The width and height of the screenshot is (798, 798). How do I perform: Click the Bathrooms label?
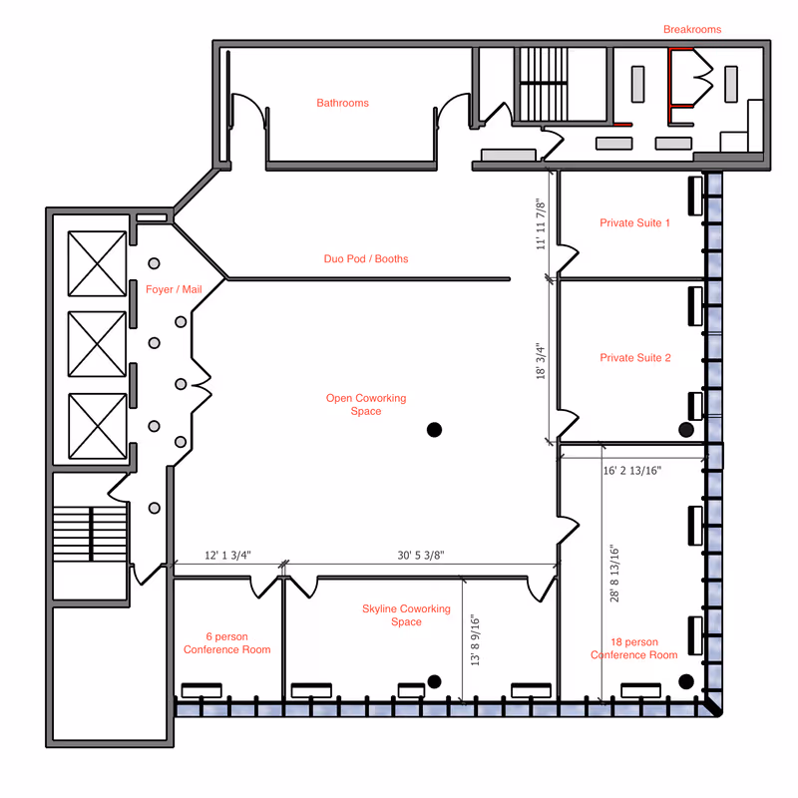click(x=342, y=103)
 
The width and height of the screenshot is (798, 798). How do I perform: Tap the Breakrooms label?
click(x=692, y=30)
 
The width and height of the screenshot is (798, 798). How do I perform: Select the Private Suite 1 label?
click(x=634, y=222)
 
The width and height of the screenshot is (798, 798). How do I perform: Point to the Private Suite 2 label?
click(x=635, y=358)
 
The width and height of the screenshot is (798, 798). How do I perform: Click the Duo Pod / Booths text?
click(x=366, y=258)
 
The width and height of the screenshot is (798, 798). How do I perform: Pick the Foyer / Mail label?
click(x=174, y=289)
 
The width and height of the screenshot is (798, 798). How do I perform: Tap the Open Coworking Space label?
click(x=366, y=405)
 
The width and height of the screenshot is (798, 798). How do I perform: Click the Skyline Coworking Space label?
click(x=406, y=615)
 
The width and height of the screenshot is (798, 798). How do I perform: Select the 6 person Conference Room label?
click(x=227, y=643)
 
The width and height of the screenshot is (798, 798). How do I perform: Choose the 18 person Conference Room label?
click(x=634, y=648)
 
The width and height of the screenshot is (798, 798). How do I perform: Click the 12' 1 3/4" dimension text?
click(x=227, y=556)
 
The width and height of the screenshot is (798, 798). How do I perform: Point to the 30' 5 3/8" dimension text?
click(x=420, y=556)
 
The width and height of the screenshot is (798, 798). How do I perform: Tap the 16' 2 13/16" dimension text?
click(x=632, y=471)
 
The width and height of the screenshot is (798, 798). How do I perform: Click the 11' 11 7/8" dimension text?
click(x=541, y=224)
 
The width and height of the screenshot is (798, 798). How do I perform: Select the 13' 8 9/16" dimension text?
click(x=475, y=640)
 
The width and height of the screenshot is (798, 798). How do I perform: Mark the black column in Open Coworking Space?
click(x=434, y=430)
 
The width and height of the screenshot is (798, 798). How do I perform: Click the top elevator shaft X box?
click(x=97, y=263)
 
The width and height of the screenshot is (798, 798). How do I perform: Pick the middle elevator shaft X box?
click(x=97, y=344)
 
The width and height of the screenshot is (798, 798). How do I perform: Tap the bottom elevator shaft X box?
click(x=97, y=426)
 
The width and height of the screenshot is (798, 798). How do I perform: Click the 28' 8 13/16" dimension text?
click(x=614, y=574)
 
